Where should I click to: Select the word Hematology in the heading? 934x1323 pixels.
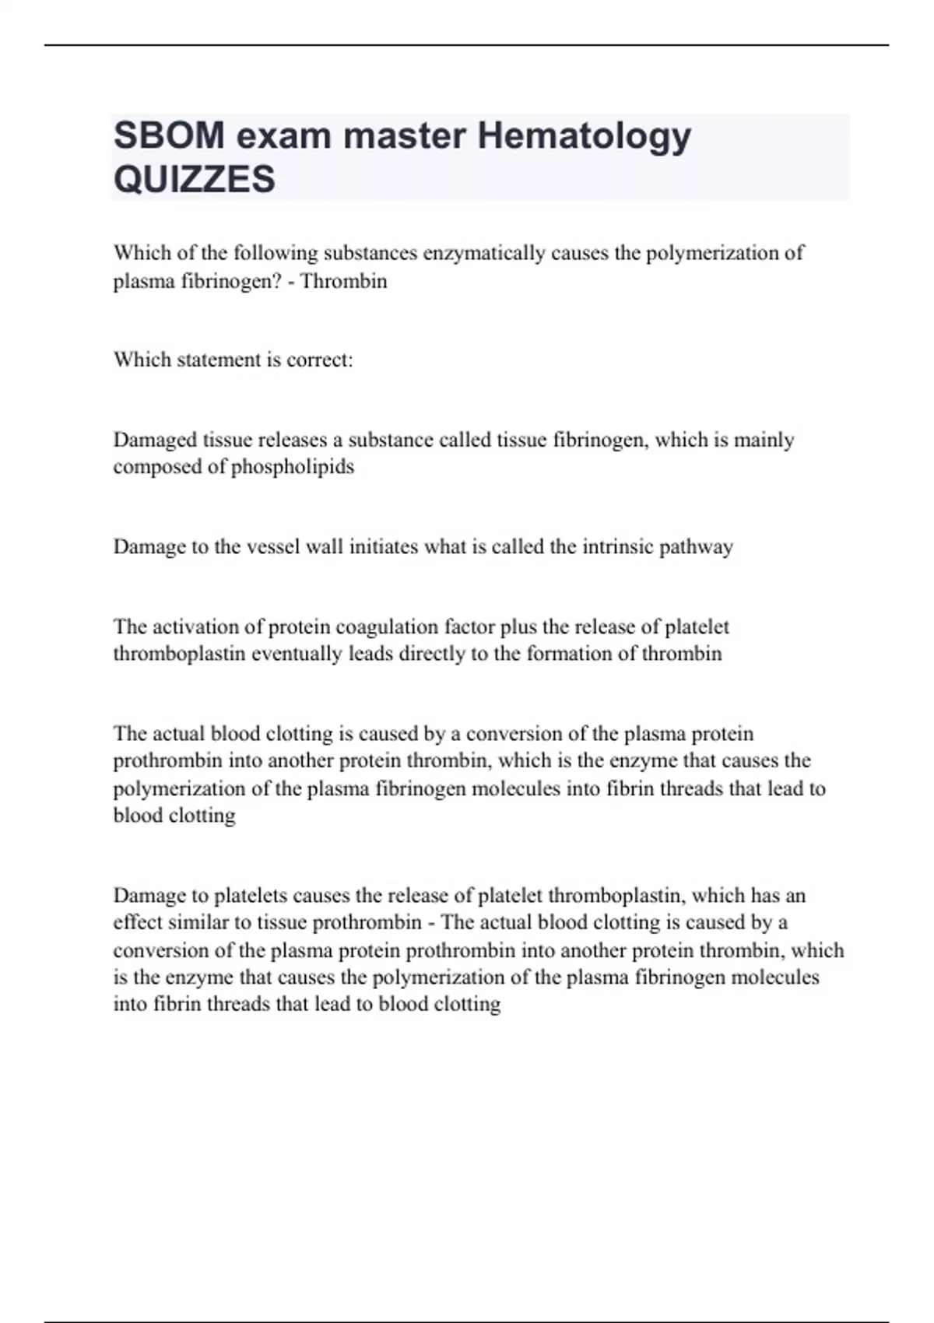click(x=584, y=137)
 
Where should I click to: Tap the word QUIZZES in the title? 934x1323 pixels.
click(x=194, y=179)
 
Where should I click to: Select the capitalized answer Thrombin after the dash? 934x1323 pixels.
click(x=343, y=281)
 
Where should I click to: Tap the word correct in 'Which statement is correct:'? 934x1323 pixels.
click(x=319, y=360)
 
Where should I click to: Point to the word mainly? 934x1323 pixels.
click(x=764, y=440)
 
